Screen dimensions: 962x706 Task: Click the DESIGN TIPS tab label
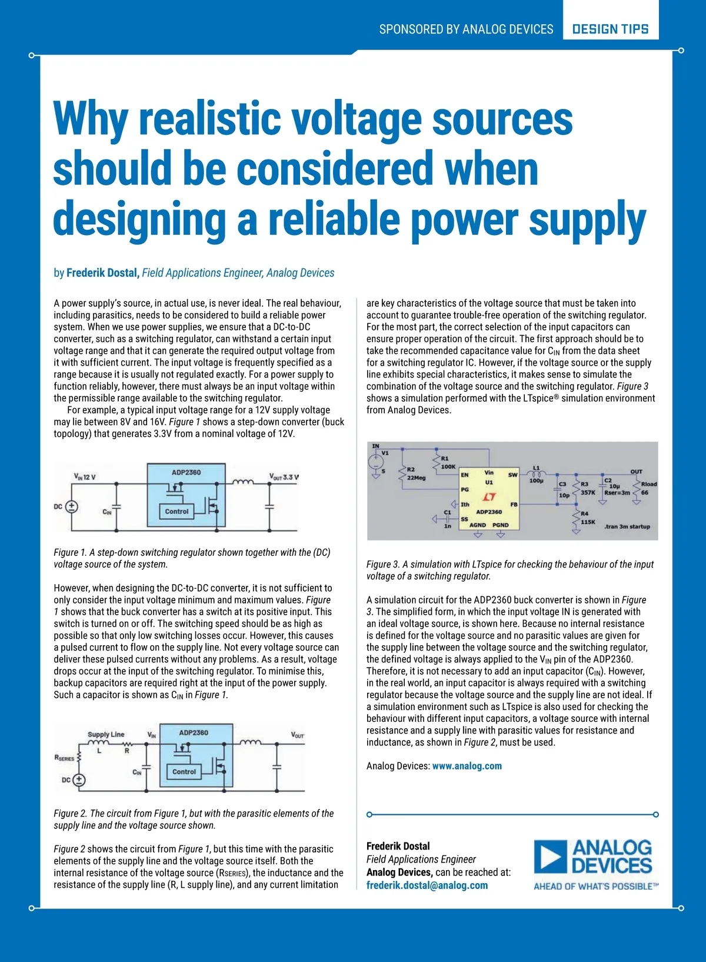point(610,29)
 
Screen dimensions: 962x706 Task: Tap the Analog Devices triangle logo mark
point(551,857)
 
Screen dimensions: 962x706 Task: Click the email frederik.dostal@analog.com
point(427,885)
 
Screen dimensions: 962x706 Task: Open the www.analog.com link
point(467,766)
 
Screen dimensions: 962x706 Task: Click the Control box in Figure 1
point(176,512)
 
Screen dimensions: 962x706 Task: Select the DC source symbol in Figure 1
point(72,506)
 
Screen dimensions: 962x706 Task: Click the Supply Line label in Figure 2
point(106,734)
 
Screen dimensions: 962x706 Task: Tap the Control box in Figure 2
point(184,772)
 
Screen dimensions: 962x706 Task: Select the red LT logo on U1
point(489,497)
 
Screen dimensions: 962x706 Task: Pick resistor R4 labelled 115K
point(576,518)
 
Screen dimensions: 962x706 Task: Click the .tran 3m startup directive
point(627,526)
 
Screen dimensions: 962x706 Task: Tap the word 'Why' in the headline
point(89,120)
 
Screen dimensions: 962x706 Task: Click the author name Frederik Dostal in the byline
point(102,273)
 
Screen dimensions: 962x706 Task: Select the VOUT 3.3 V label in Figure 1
point(284,477)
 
